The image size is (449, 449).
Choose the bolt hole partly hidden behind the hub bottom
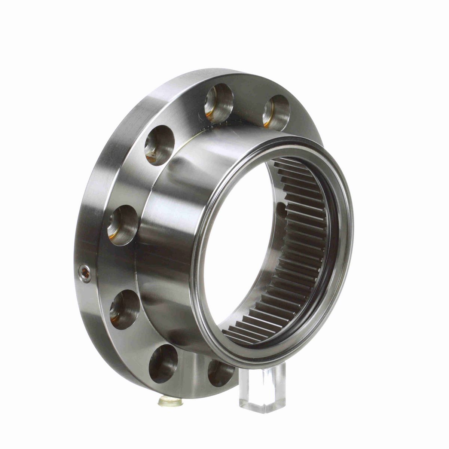221,372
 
